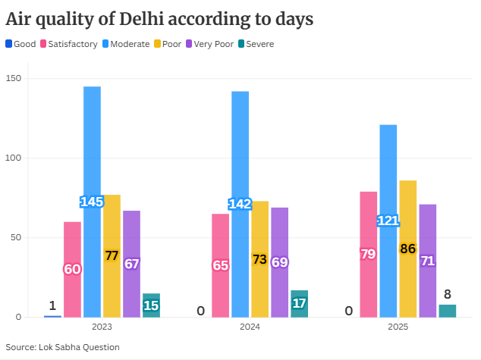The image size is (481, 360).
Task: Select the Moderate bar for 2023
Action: pos(92,152)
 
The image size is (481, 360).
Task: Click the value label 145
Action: pos(92,202)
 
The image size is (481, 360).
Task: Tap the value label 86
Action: pos(408,248)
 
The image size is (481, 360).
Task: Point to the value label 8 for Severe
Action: pos(448,294)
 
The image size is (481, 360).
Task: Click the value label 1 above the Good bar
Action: pos(52,305)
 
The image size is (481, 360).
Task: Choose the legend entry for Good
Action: pos(20,44)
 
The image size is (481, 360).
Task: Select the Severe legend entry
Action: pos(256,44)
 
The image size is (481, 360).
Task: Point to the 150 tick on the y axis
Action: pos(14,79)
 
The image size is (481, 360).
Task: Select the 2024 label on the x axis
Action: pos(250,327)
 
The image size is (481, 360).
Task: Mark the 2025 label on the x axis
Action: pos(398,327)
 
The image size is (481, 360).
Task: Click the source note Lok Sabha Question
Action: pos(63,347)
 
